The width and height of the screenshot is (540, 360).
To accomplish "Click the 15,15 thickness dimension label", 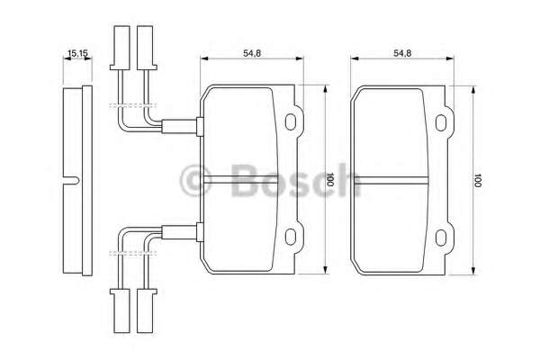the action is (77, 53).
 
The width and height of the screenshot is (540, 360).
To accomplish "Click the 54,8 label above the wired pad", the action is (252, 53).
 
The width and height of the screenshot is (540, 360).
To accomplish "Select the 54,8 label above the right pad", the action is (402, 53).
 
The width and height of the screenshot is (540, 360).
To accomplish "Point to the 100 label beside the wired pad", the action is (329, 179).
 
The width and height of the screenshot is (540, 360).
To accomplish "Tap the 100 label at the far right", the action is (477, 180).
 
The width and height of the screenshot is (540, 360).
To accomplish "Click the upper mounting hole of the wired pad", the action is (291, 122).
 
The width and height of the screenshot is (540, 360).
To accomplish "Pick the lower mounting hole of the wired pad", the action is (291, 237).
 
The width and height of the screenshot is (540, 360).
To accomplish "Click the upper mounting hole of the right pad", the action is (441, 123).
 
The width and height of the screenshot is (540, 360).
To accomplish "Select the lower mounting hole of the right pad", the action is (441, 238).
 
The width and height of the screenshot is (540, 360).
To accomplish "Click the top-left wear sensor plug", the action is (120, 48).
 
